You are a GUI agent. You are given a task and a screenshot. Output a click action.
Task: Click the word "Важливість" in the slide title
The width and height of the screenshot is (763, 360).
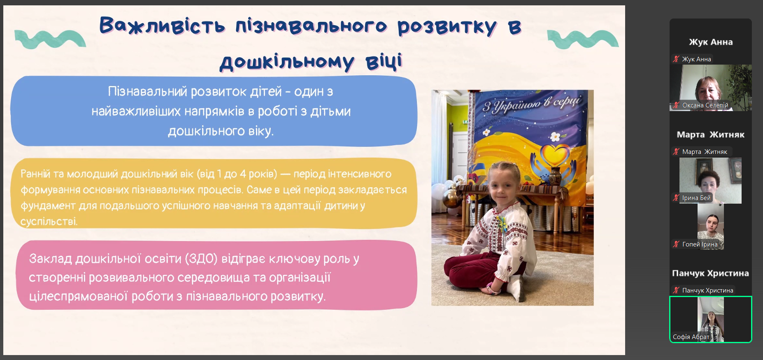point(162,26)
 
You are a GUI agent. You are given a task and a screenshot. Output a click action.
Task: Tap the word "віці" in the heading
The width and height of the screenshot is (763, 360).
point(384,62)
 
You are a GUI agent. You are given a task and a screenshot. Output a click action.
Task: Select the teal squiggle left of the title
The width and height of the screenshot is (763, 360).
point(50,39)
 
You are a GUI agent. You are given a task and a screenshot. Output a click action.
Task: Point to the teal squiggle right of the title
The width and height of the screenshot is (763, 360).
point(583,39)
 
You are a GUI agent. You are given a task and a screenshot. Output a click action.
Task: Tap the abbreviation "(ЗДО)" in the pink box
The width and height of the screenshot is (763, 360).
point(201,259)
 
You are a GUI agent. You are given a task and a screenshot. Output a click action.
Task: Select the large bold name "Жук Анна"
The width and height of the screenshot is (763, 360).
point(711,42)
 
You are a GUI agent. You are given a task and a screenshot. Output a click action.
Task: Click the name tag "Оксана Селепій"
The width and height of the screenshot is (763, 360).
point(705,105)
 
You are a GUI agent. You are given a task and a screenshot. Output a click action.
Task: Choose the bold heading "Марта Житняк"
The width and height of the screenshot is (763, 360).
point(711,135)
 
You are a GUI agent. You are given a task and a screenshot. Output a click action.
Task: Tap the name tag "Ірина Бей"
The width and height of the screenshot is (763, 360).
point(696,198)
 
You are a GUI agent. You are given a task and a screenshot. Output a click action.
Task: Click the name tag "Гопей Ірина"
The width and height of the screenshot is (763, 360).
point(700,244)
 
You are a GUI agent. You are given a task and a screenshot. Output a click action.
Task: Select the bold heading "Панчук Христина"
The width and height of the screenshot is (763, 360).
point(711,273)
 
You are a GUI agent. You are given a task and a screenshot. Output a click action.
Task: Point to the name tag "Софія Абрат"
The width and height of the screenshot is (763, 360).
point(691,337)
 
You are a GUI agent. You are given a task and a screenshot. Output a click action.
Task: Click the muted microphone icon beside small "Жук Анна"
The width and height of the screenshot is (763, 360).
point(676,59)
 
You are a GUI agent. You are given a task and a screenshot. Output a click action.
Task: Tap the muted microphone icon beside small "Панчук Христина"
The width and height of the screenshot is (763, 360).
point(676,290)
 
